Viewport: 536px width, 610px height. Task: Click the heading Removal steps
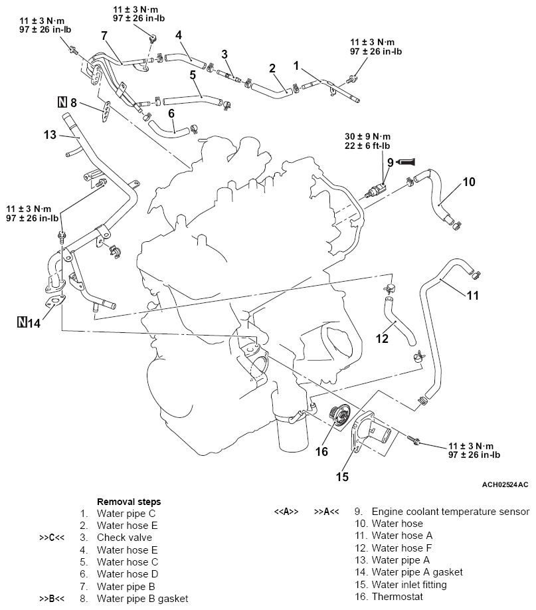click(x=129, y=502)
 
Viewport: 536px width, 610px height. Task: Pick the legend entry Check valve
click(x=124, y=537)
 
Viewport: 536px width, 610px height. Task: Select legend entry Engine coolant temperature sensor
click(x=450, y=512)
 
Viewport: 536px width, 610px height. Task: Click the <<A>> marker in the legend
click(x=286, y=512)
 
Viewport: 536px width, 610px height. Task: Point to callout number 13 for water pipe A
click(x=50, y=135)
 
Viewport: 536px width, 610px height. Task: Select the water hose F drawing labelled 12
click(x=398, y=322)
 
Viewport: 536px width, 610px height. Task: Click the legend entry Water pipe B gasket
click(x=142, y=598)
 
